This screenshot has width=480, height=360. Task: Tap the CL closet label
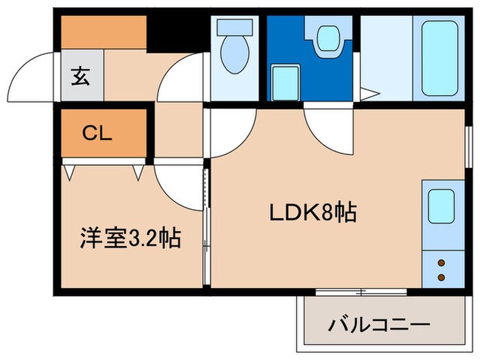99,132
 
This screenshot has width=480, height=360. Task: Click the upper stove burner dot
441,263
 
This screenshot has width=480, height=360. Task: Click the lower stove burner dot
441,277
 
